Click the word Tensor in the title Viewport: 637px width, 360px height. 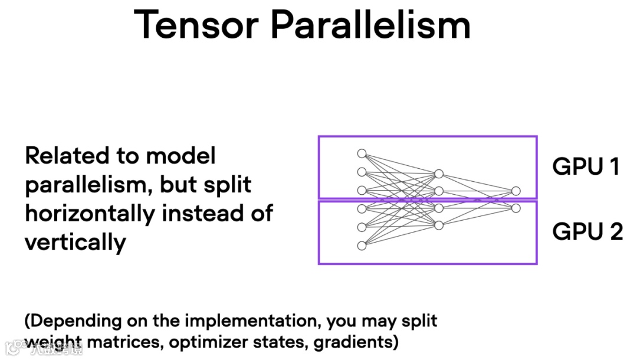(x=196, y=25)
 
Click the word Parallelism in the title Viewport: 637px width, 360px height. (x=370, y=25)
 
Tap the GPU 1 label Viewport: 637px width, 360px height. (x=586, y=167)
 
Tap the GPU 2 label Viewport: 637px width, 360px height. (x=587, y=231)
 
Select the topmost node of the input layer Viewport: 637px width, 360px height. (x=362, y=153)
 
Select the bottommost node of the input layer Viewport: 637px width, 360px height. (x=362, y=246)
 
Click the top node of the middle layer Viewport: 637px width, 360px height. (x=438, y=174)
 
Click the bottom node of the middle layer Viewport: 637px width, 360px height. (x=438, y=225)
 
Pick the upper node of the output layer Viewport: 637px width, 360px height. (x=516, y=191)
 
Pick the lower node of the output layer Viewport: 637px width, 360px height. (x=516, y=208)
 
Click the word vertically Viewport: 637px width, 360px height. (x=75, y=242)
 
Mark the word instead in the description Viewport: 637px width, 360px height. (x=202, y=213)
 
